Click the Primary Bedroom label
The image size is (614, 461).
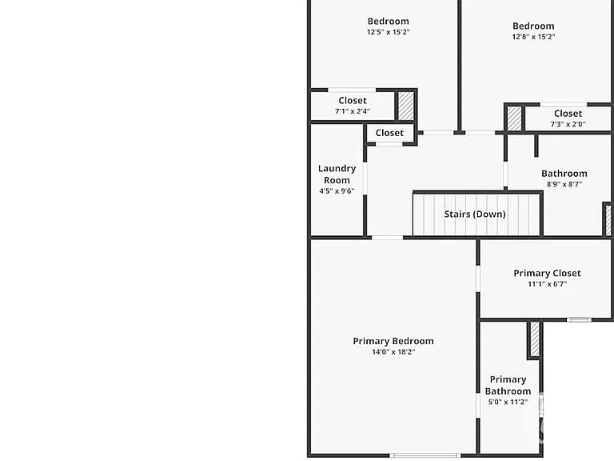click(x=393, y=341)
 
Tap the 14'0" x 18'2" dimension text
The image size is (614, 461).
click(x=393, y=352)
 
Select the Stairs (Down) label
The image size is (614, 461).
click(x=475, y=214)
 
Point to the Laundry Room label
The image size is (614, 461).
click(x=337, y=174)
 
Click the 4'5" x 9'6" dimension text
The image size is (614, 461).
click(x=337, y=191)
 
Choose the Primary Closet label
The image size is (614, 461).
click(x=547, y=273)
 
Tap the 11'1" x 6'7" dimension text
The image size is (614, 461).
click(x=547, y=284)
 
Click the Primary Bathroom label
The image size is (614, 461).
click(x=508, y=385)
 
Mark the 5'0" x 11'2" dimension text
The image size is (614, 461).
click(x=508, y=403)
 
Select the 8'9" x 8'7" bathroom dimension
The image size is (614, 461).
click(x=564, y=184)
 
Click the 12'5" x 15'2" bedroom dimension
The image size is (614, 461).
click(x=388, y=32)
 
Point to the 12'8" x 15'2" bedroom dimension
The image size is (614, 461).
click(x=533, y=37)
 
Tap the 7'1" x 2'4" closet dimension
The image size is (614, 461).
click(x=353, y=111)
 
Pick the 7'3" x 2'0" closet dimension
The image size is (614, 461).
click(x=568, y=124)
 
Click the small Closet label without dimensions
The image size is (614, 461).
click(x=389, y=133)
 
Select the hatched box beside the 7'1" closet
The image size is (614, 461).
click(x=405, y=106)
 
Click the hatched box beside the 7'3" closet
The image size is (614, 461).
click(x=514, y=118)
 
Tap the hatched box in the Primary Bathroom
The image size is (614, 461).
click(x=535, y=339)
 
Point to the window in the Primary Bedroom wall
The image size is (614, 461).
click(x=425, y=455)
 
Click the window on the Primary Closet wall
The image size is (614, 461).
click(x=579, y=320)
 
